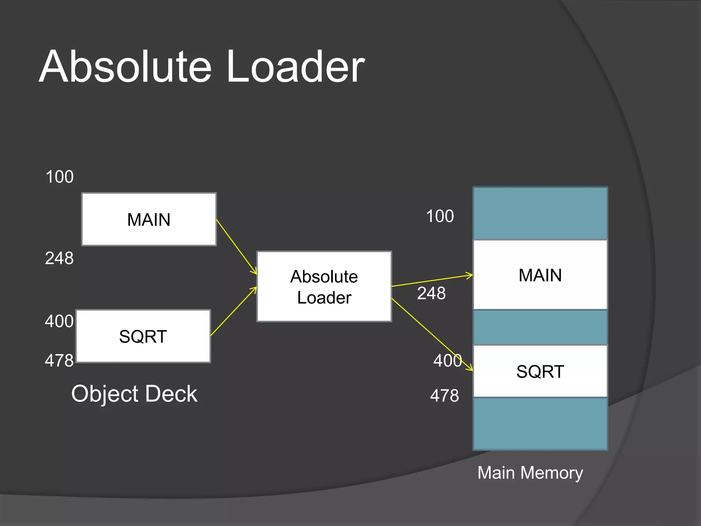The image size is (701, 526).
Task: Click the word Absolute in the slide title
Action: [x=125, y=67]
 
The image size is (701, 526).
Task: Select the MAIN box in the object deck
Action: [x=149, y=219]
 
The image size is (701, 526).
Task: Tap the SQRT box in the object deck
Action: [x=143, y=336]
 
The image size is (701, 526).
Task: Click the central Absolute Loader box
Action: [x=324, y=287]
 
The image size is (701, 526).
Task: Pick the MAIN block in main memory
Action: [x=540, y=275]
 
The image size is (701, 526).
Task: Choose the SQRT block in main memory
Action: [x=540, y=371]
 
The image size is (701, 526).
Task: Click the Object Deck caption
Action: [x=134, y=393]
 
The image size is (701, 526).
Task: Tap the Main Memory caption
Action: [x=530, y=473]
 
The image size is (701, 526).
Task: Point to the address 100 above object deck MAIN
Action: [x=60, y=177]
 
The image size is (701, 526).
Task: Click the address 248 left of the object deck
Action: [x=59, y=258]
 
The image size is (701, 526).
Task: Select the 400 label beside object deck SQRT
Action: [x=59, y=321]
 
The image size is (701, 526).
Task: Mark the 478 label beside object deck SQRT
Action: [x=59, y=361]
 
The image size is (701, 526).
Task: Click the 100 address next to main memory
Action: [x=440, y=216]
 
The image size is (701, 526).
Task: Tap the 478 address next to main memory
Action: [x=444, y=396]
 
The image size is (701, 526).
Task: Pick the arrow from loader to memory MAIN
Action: [x=432, y=280]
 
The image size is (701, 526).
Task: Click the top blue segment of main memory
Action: [x=540, y=213]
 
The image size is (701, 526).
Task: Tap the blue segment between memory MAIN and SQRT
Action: [x=540, y=327]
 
